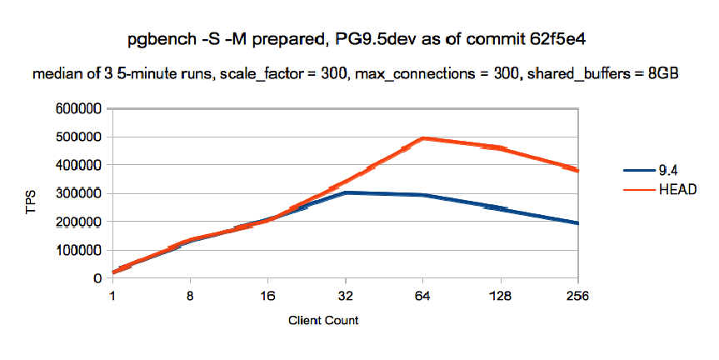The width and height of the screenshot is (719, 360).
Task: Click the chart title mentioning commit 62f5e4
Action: pos(359,38)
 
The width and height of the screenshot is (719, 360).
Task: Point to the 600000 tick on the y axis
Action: pos(80,109)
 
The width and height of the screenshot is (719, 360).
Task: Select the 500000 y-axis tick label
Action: pos(80,137)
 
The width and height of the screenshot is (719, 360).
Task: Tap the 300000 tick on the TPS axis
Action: pos(80,193)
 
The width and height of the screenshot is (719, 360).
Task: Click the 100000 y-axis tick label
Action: pos(80,250)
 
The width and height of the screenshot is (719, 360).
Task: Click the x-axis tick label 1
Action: pos(112,295)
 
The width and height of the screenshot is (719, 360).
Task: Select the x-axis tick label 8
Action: pos(190,295)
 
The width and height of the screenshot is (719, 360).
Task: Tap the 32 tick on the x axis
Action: pos(345,295)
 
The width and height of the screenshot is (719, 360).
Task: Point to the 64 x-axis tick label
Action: pos(422,295)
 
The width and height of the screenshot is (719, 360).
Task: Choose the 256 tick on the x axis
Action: pos(577,295)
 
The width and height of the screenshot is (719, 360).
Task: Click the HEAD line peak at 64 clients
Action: pos(423,138)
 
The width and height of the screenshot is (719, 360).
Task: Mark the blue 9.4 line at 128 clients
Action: pos(500,208)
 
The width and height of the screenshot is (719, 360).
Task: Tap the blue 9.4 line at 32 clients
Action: pos(345,192)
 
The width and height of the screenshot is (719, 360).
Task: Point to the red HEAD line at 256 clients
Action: pos(577,170)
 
